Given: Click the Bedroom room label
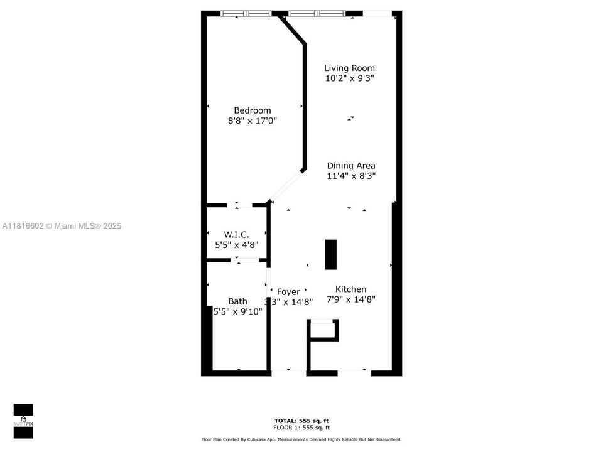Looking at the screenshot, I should point(252,110).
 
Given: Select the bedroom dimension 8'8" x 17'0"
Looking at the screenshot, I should point(252,121).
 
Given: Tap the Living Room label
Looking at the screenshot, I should point(349,68).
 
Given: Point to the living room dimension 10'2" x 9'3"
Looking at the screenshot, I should point(349,78).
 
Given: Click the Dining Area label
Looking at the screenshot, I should point(351,166).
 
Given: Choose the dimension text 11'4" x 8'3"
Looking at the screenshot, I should point(351,176).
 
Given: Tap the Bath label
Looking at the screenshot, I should point(237,301).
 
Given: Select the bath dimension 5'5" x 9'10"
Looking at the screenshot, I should point(237,311).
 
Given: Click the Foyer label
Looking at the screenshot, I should point(288,292).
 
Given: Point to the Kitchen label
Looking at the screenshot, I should point(350,289).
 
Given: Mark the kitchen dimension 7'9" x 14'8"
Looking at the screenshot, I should point(350,300).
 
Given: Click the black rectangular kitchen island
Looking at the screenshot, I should point(330,254).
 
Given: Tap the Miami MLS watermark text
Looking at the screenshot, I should point(62,226).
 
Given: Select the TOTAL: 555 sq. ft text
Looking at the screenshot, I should point(301,421).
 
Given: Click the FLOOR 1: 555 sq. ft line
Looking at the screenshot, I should point(301,428).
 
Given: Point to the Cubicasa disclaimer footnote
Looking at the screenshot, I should point(301,439).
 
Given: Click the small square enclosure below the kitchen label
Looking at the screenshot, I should point(323,330).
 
